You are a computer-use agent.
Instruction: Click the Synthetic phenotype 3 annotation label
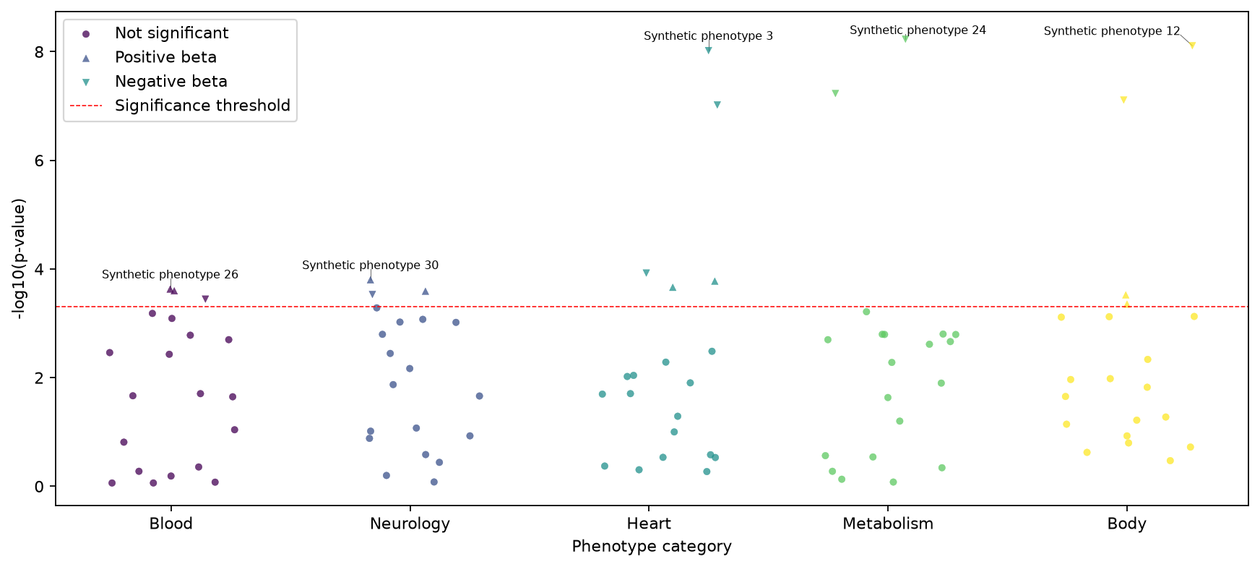708,36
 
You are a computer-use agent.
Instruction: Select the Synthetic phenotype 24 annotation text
918,30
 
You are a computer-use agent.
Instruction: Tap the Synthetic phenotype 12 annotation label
1112,31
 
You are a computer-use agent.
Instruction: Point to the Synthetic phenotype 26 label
170,275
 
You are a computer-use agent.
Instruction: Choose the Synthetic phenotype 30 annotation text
370,265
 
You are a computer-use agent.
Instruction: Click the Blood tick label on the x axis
171,524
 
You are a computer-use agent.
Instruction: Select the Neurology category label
410,524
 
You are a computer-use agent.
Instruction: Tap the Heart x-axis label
649,524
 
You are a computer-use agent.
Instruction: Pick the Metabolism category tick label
888,524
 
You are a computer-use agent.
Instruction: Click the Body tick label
1126,524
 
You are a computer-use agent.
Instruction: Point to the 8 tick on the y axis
40,52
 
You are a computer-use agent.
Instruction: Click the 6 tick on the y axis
40,161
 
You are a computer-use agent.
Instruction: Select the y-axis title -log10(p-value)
19,258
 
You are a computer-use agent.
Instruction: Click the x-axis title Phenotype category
652,547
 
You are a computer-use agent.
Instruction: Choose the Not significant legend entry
171,33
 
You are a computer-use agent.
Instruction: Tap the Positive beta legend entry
165,57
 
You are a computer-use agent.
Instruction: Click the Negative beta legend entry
171,82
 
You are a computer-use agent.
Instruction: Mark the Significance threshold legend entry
202,106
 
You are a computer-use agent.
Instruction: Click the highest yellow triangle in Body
1192,45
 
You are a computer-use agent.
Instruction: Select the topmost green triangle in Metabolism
905,38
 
